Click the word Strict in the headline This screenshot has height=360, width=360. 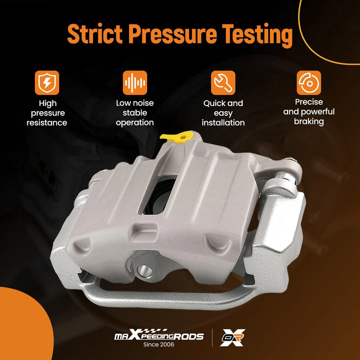point(95,34)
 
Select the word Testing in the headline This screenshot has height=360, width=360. point(257,35)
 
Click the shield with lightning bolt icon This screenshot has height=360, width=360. point(47,83)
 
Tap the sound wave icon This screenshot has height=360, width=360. point(135,83)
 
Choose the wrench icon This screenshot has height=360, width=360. point(223,83)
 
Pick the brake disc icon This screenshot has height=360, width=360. point(309,83)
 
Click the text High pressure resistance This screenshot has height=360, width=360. point(47,113)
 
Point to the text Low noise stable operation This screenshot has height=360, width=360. point(135,113)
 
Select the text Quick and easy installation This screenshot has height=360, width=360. point(223,113)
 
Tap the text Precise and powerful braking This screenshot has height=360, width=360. point(309,112)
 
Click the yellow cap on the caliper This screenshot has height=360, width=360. point(177,138)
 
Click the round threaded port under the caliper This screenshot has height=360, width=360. point(145,272)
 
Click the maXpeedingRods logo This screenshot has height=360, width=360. point(159,335)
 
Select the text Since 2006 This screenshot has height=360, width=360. point(159,344)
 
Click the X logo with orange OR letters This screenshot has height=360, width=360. point(232,338)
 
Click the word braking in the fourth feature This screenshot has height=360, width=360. point(309,122)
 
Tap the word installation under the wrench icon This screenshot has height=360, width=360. point(223,123)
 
